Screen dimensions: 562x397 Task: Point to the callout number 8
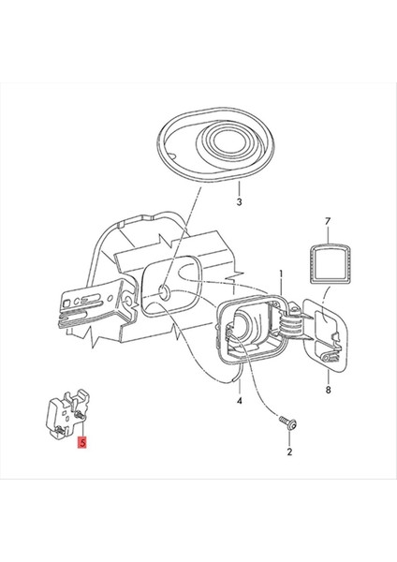328,389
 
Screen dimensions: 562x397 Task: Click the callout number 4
239,402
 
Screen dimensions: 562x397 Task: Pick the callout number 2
289,452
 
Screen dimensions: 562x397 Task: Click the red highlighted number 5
83,440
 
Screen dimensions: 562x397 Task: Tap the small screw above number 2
289,426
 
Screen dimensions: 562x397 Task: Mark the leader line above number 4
239,379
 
